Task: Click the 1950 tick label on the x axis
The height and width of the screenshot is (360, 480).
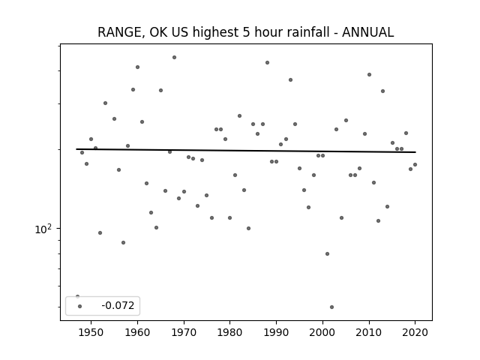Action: pos(91,332)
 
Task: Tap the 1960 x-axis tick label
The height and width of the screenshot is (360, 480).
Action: pos(137,332)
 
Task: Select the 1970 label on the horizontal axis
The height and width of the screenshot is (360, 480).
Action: pos(184,332)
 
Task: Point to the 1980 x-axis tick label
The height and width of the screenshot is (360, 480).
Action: pos(230,332)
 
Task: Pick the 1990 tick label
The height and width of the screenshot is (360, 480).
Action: pos(277,332)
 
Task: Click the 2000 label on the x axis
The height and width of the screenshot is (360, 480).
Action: pos(322,332)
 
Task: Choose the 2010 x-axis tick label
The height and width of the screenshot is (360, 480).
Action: pos(369,332)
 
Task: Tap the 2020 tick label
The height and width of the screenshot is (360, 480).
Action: pos(415,332)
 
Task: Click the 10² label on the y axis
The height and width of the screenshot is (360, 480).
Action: pos(43,229)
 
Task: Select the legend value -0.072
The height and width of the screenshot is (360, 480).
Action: pos(118,305)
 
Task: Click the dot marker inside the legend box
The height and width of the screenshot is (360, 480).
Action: pos(80,306)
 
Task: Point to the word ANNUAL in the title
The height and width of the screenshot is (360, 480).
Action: pos(368,32)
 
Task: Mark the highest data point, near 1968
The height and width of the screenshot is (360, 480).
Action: pos(174,57)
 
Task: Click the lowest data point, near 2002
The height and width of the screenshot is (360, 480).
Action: pos(331,307)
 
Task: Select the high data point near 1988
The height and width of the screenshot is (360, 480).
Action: pos(267,62)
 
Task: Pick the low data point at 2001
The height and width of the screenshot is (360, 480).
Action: pos(327,253)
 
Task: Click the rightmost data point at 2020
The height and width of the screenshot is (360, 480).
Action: pos(415,165)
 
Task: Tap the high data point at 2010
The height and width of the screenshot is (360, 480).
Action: pos(369,75)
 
